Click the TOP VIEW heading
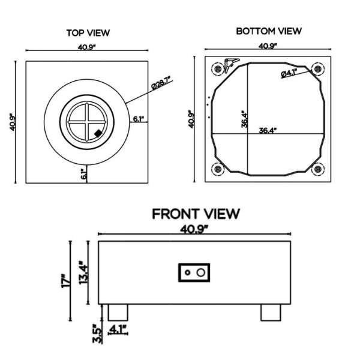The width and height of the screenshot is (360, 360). point(88,33)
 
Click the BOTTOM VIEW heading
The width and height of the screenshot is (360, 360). point(268,31)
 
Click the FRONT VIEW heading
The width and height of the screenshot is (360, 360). point(196,214)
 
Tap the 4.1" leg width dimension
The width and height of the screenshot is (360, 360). point(117,329)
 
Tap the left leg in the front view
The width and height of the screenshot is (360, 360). point(118,312)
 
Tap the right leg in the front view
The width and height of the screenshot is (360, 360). point(271,312)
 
